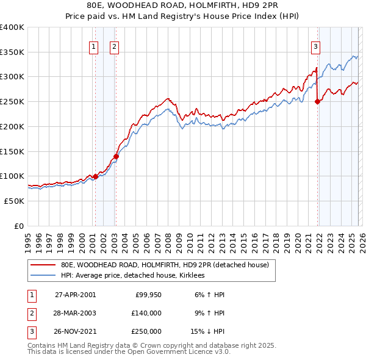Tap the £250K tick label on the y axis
(12, 101)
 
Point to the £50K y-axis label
(14, 201)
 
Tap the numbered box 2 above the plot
(115, 46)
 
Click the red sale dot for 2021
(317, 102)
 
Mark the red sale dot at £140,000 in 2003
(116, 156)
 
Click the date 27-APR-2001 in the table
(75, 295)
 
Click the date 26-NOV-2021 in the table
(75, 331)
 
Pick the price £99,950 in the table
(147, 295)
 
